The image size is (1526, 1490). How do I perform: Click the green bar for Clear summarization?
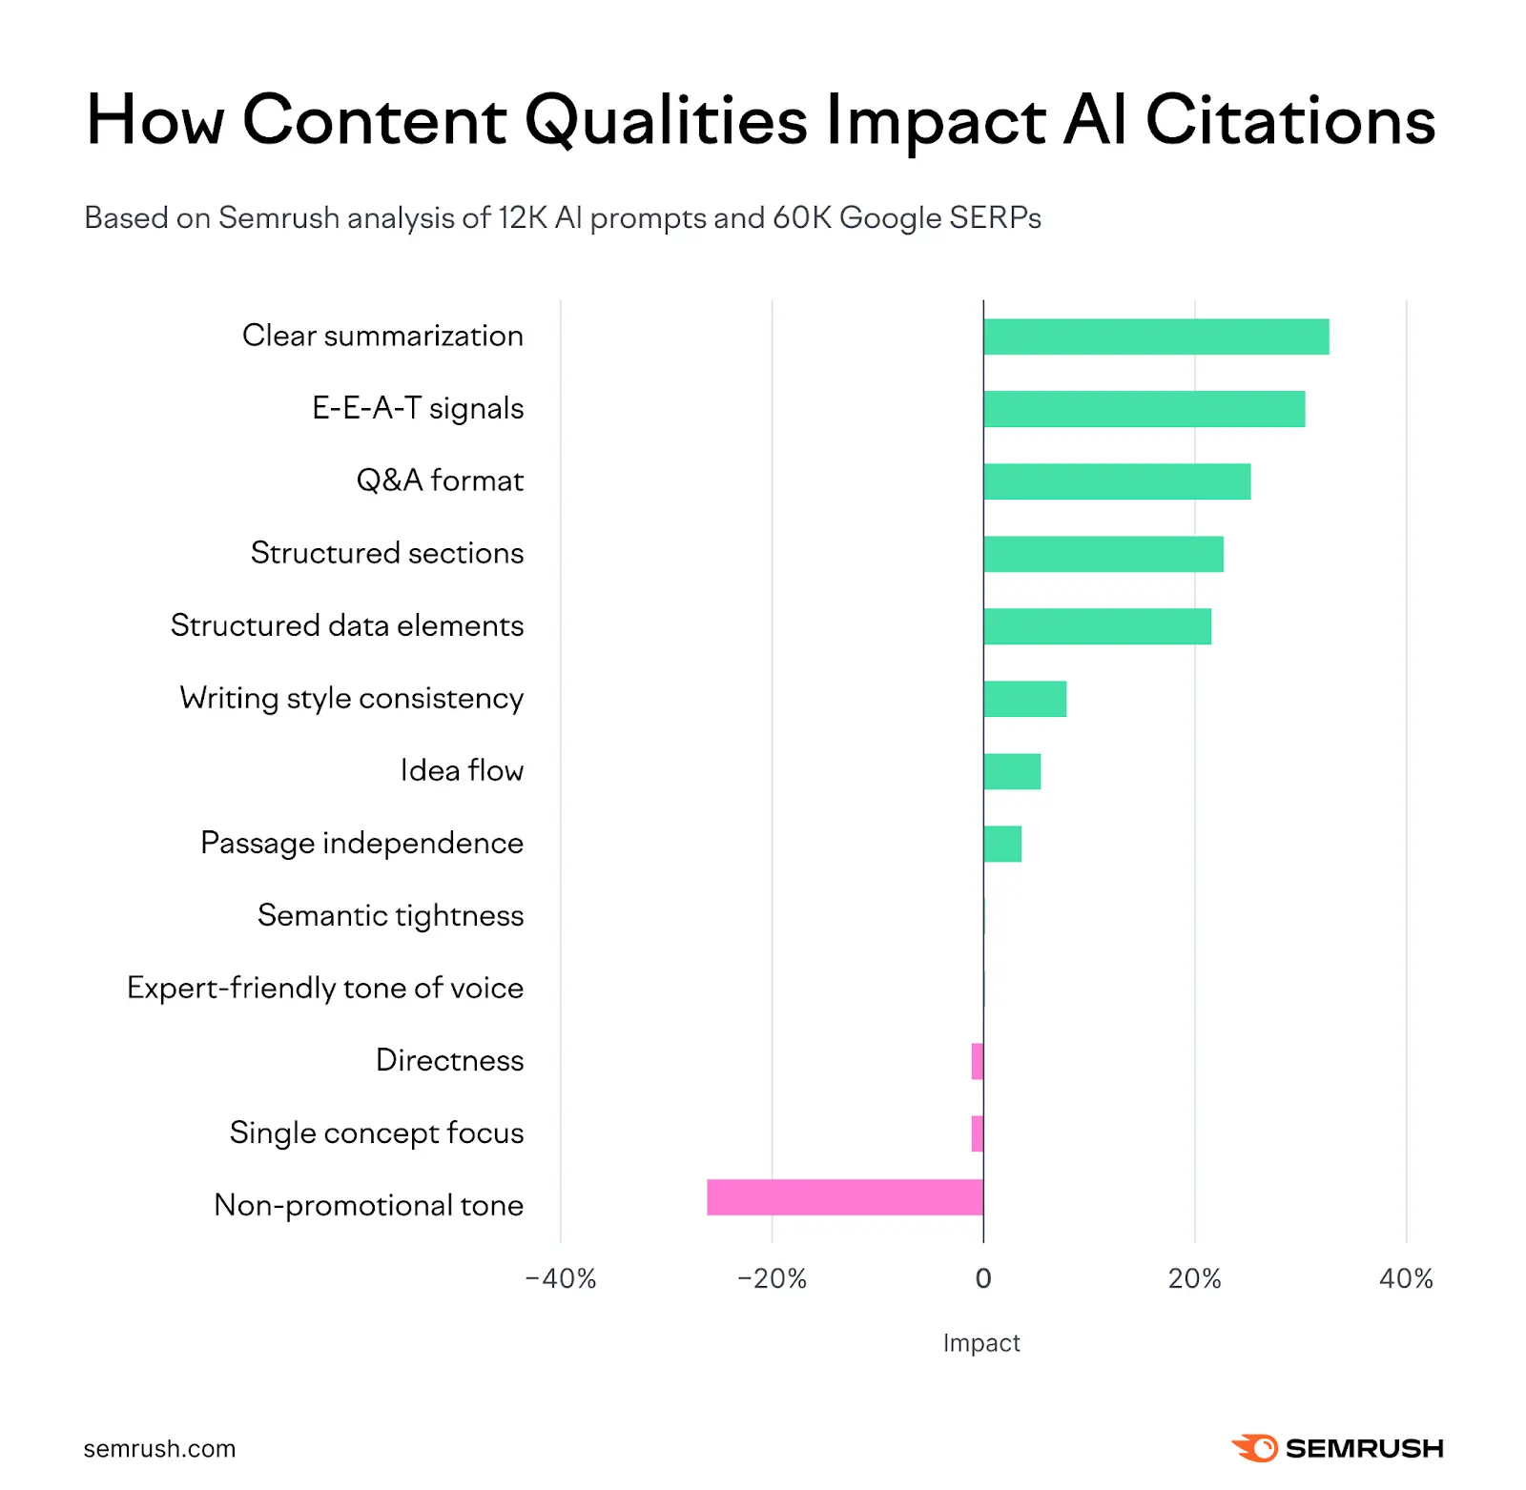click(x=1155, y=337)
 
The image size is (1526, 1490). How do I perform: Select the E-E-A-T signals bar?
click(x=1144, y=409)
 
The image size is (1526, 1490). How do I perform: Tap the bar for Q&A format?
click(x=1116, y=481)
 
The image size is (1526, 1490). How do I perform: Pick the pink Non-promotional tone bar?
click(x=844, y=1197)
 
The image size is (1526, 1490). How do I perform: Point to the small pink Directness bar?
click(x=977, y=1061)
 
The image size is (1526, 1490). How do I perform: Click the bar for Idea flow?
click(x=1011, y=771)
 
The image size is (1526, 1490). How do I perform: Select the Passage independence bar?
click(x=1001, y=844)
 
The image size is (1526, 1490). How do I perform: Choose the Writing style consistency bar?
click(x=1024, y=699)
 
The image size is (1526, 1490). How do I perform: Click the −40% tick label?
click(x=561, y=1278)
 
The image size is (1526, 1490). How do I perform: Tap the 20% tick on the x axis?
click(x=1194, y=1278)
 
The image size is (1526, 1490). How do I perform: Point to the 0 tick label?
click(x=983, y=1278)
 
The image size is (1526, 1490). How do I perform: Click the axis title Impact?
click(x=981, y=1342)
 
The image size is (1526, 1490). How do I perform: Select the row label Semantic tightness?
click(x=390, y=915)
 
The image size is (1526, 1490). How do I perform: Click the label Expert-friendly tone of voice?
click(x=325, y=988)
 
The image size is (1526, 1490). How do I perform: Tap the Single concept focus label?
click(x=377, y=1133)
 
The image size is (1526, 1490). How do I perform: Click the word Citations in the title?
click(x=1289, y=120)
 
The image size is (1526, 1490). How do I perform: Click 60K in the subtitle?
click(x=802, y=217)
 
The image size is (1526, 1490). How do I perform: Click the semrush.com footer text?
click(x=159, y=1448)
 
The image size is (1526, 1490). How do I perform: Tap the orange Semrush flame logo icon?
click(x=1255, y=1447)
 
